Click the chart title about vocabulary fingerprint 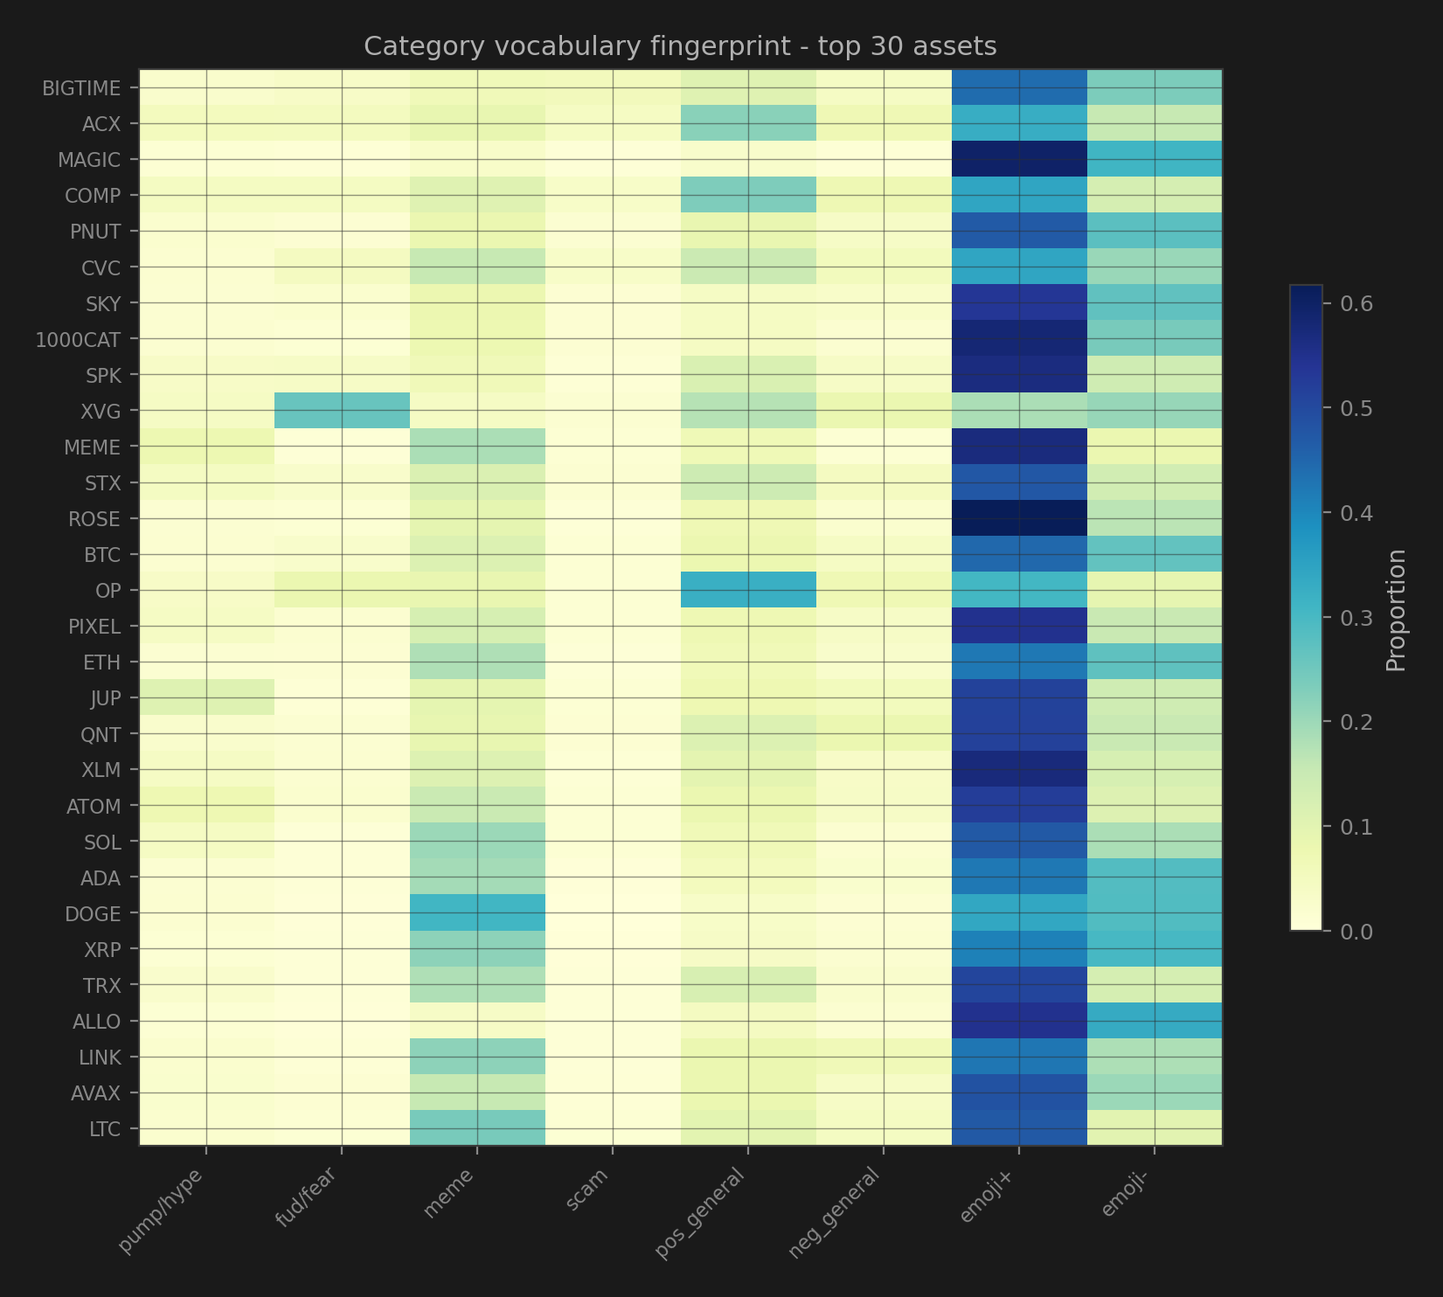(680, 46)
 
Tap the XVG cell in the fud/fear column (342, 410)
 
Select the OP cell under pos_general (748, 590)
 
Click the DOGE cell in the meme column (477, 913)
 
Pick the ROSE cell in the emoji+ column (1019, 518)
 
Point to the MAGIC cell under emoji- (1155, 159)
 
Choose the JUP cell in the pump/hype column (206, 697)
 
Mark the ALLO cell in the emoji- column (1155, 1021)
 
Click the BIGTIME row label (81, 88)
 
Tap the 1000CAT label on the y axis (78, 339)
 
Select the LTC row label (105, 1129)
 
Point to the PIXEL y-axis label (94, 627)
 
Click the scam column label (587, 1189)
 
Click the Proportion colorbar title (1397, 609)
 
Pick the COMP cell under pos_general (748, 195)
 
